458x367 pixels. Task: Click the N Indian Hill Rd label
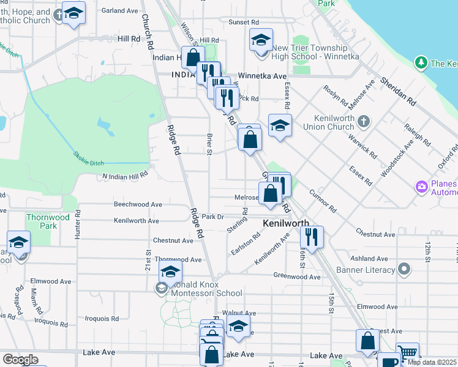[x=125, y=176]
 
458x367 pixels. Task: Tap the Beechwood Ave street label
[x=138, y=204]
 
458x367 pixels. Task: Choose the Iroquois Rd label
[x=102, y=319]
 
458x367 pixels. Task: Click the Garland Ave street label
[x=120, y=11]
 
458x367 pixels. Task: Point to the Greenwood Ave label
[x=297, y=276]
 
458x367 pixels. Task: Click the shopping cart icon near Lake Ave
[x=408, y=353]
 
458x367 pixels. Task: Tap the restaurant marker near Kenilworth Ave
[x=312, y=236]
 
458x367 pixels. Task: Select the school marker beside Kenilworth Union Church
[x=280, y=125]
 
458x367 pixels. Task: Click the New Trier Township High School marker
[x=261, y=41]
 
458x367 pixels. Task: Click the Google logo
[x=20, y=360]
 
